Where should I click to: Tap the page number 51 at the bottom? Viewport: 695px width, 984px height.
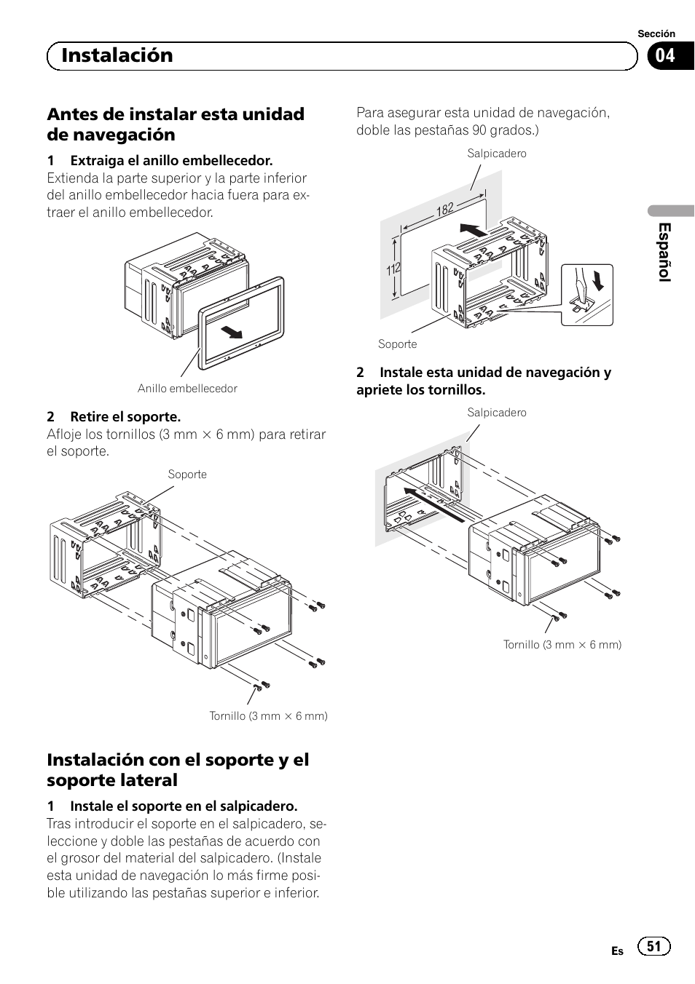pos(653,946)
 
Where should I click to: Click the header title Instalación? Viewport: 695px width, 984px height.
pos(117,55)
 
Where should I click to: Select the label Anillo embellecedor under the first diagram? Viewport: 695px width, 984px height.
pos(187,389)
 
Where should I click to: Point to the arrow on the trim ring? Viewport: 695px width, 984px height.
pos(231,332)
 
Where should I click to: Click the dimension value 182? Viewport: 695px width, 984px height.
pos(445,209)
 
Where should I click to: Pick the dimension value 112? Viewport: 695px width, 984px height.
pos(393,269)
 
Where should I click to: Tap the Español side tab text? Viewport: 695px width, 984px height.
pos(664,252)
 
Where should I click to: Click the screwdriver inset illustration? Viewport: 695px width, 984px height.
pos(587,294)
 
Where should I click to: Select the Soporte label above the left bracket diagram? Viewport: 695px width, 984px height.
pos(187,475)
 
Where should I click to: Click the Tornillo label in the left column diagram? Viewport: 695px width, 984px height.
pos(268,716)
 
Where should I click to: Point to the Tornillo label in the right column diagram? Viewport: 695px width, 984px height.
pos(562,645)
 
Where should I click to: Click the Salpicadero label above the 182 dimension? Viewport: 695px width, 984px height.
pos(496,154)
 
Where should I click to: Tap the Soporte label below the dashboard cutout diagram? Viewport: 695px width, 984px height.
pos(397,344)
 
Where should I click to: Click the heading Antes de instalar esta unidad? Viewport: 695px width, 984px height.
pos(176,114)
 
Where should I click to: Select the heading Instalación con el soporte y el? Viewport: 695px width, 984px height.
pos(178,760)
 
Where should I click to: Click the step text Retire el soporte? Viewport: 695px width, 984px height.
pos(125,417)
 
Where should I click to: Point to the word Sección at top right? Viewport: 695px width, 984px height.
pos(656,33)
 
